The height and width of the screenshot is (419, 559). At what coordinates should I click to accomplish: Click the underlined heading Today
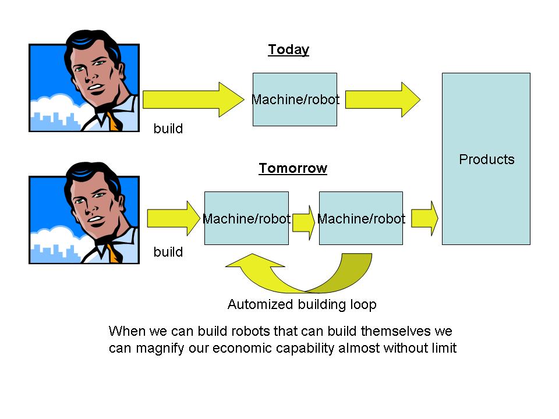click(x=288, y=50)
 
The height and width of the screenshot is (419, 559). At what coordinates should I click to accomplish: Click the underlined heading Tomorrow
click(x=293, y=169)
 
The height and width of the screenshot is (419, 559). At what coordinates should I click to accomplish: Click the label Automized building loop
click(x=302, y=304)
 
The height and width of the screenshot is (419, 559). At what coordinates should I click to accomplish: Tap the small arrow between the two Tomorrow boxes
click(x=303, y=219)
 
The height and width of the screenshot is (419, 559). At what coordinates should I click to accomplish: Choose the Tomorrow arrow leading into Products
click(x=424, y=219)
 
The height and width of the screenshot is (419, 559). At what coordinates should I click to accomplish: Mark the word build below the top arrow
click(x=168, y=129)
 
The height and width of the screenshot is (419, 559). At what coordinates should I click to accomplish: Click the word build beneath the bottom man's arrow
click(x=168, y=253)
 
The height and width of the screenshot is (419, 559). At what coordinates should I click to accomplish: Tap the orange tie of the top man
click(x=114, y=122)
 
